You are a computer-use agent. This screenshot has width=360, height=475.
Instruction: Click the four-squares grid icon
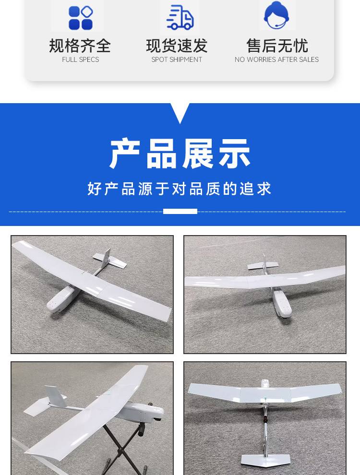[x=80, y=18]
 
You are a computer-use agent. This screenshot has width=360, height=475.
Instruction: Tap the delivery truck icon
[x=180, y=17]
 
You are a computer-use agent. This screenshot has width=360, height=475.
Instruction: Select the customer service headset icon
[x=276, y=15]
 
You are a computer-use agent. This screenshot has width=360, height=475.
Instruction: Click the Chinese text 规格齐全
[x=80, y=46]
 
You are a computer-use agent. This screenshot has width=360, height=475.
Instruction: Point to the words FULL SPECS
[x=80, y=59]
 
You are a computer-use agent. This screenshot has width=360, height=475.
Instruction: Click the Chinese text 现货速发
[x=177, y=46]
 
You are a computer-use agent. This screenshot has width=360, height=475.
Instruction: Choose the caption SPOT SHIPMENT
[x=177, y=59]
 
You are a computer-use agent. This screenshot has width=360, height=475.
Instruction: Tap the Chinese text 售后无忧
[x=277, y=46]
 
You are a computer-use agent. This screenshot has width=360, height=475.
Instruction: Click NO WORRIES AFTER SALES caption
[x=276, y=59]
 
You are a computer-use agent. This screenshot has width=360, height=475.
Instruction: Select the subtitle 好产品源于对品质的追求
[x=180, y=189]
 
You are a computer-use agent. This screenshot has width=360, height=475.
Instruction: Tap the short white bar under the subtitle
[x=180, y=211]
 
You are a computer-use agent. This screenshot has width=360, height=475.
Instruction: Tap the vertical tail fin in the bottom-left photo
[x=56, y=396]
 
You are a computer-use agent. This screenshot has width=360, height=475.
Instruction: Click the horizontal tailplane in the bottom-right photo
[x=266, y=460]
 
